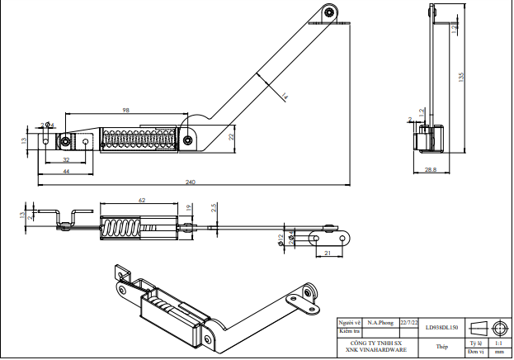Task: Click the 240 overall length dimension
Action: (190, 182)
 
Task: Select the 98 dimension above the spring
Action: (126, 110)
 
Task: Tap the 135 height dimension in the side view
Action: (461, 77)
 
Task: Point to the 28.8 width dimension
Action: (431, 169)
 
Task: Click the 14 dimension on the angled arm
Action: (284, 97)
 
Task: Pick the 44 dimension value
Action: (66, 170)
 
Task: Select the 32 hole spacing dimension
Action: (66, 158)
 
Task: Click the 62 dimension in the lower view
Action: (142, 200)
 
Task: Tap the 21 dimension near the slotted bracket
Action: (328, 253)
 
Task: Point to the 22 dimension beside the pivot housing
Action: (232, 136)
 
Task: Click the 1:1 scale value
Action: (498, 342)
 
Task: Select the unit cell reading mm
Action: (498, 352)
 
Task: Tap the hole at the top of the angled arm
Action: (329, 12)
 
